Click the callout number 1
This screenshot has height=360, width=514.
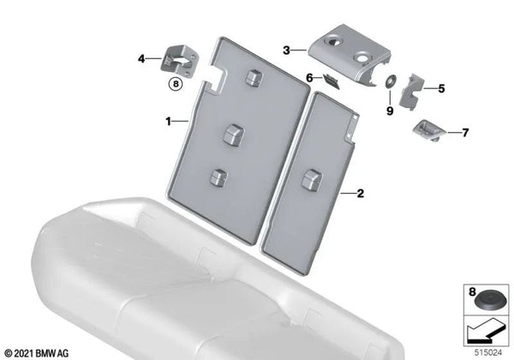coord(168,122)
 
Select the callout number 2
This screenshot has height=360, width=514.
coord(361,194)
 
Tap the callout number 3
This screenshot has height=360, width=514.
coord(286,51)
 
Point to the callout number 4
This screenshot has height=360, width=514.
coord(141,59)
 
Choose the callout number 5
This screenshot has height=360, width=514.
coord(441,88)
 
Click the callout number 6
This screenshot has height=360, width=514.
coord(309,78)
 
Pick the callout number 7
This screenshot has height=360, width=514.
coord(465,133)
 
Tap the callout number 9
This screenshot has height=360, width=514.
coord(390,111)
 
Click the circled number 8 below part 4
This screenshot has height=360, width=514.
coord(176,84)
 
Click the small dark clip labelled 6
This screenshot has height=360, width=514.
coord(332,82)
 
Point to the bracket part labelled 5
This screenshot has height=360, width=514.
coord(411,91)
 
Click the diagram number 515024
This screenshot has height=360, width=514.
coord(488,353)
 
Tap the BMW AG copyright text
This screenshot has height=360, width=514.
coord(37,353)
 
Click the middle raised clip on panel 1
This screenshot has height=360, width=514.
coord(234,134)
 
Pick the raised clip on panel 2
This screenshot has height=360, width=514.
coord(312,180)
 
